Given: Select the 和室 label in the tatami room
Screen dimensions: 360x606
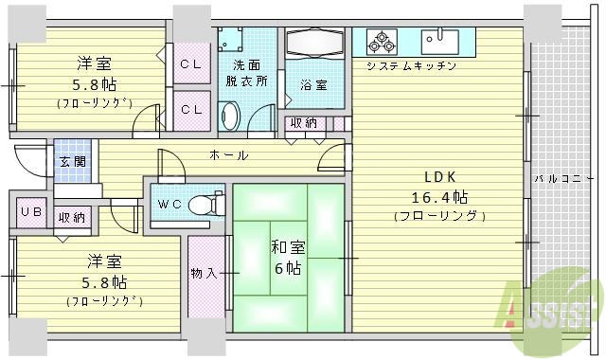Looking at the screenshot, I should click(x=288, y=248).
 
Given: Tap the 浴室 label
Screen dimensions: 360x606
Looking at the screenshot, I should click(x=315, y=85).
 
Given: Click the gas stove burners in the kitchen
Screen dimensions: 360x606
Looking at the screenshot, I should click(x=382, y=41).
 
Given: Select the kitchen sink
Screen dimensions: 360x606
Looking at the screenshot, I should click(x=441, y=41).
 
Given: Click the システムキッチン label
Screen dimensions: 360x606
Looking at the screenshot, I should click(x=412, y=66).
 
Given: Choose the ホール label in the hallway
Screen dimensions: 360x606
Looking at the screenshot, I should click(x=229, y=155).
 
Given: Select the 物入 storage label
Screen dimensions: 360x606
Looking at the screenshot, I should click(x=204, y=273).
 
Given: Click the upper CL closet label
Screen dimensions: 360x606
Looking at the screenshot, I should click(x=190, y=64).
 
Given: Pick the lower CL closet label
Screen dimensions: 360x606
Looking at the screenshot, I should click(x=190, y=109).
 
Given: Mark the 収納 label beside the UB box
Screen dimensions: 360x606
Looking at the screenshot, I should click(x=71, y=217).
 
